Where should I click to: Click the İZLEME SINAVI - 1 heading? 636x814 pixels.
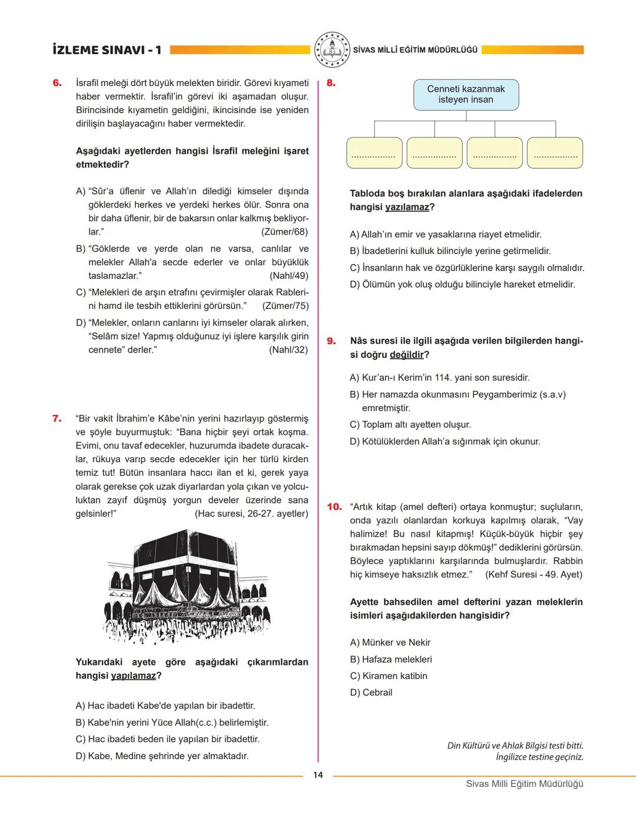pyautogui.click(x=107, y=50)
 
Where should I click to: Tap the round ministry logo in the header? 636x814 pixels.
pyautogui.click(x=332, y=50)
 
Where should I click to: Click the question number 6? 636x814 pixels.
pyautogui.click(x=57, y=83)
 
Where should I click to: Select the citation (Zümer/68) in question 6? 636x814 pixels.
pyautogui.click(x=284, y=232)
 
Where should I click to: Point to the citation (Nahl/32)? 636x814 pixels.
pyautogui.click(x=288, y=350)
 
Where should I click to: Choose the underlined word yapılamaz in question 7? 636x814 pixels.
pyautogui.click(x=134, y=675)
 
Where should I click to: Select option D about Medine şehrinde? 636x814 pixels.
pyautogui.click(x=162, y=756)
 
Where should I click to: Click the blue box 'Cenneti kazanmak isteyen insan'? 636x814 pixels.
pyautogui.click(x=466, y=94)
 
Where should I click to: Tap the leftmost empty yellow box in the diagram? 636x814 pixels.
pyautogui.click(x=374, y=153)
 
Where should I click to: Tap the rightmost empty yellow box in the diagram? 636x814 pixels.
pyautogui.click(x=555, y=153)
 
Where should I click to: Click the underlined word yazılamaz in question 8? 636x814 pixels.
pyautogui.click(x=407, y=207)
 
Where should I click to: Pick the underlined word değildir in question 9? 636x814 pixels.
pyautogui.click(x=407, y=354)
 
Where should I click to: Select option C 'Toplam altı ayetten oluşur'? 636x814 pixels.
pyautogui.click(x=410, y=424)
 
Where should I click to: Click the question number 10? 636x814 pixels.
pyautogui.click(x=334, y=506)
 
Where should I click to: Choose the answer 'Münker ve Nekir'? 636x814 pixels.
pyautogui.click(x=390, y=642)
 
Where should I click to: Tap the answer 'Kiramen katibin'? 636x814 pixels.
pyautogui.click(x=389, y=676)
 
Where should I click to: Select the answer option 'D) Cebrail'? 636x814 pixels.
pyautogui.click(x=371, y=693)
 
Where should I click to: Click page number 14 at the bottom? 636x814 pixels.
pyautogui.click(x=318, y=775)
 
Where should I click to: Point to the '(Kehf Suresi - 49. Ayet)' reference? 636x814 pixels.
pyautogui.click(x=534, y=574)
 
